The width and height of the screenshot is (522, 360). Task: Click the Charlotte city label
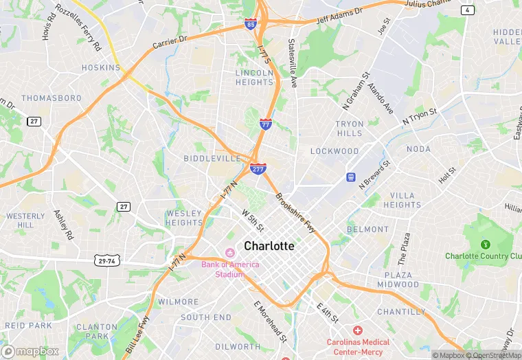click(269, 246)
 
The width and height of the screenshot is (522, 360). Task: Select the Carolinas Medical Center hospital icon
click(358, 330)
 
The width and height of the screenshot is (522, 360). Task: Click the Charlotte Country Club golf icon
click(485, 244)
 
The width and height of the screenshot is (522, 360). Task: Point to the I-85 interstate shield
click(251, 25)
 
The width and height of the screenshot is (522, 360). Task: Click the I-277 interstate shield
click(258, 168)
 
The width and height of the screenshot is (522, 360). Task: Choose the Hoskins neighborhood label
click(101, 68)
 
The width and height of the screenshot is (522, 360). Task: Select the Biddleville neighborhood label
click(212, 159)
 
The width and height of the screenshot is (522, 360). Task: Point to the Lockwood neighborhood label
click(334, 151)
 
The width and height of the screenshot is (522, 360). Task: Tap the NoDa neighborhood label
click(418, 149)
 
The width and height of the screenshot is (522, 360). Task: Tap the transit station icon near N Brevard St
click(350, 177)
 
